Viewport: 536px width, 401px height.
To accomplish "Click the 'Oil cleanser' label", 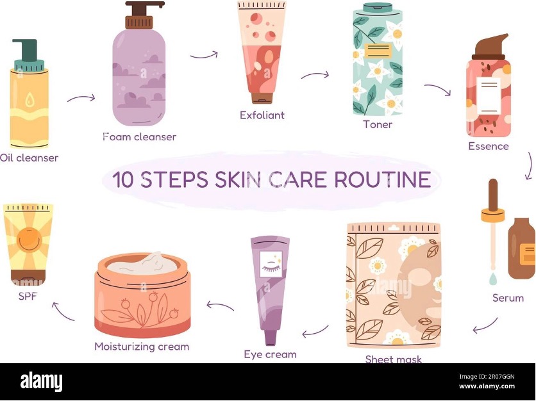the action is pos(29,158).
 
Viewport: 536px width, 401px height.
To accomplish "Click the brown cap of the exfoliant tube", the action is pos(262,98).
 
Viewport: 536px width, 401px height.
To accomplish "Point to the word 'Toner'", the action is pos(378,124).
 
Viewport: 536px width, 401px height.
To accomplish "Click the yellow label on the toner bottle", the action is pos(378,51).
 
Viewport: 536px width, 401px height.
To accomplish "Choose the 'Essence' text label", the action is pos(488,146).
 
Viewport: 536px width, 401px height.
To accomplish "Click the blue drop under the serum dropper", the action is pos(492,279).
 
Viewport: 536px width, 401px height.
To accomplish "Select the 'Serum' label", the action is pos(508,298).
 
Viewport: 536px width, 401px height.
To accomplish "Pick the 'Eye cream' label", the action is pos(270,354).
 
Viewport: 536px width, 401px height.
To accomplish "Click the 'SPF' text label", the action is pos(28,296).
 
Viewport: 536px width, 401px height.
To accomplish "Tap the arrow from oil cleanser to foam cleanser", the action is pos(81,99).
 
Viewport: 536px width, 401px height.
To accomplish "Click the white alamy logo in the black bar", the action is pos(42,382).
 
